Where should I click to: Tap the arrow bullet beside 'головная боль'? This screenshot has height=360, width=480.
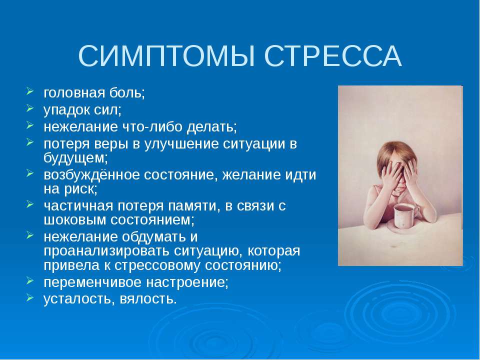[31, 92]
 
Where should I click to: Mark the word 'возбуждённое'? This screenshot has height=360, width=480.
[91, 176]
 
